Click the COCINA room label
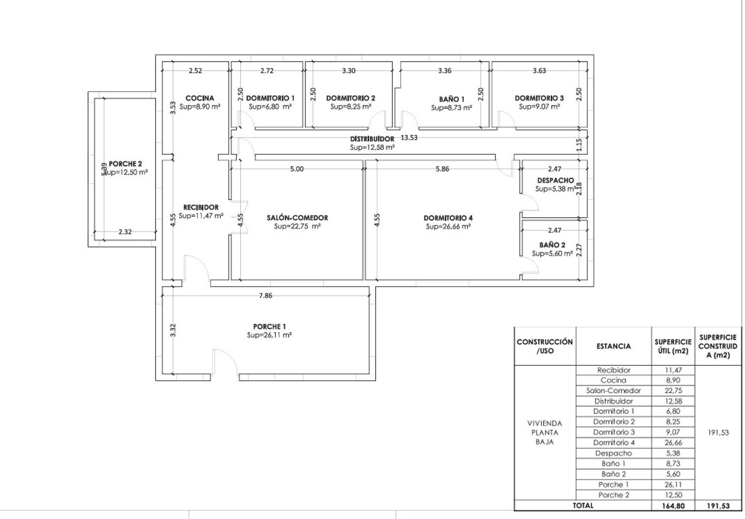click(x=200, y=98)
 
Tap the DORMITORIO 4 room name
click(x=448, y=218)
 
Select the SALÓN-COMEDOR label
click(x=298, y=218)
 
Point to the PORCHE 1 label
click(x=270, y=327)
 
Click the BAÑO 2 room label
click(x=552, y=245)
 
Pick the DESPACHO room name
click(x=555, y=180)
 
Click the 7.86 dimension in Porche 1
click(x=265, y=295)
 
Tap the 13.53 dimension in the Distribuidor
click(x=409, y=137)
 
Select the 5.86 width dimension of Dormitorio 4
click(x=442, y=169)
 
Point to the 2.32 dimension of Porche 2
click(x=125, y=232)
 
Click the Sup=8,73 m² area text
click(x=452, y=108)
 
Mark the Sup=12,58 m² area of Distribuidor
click(x=372, y=147)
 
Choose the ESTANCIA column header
click(x=614, y=346)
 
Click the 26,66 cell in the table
click(x=673, y=443)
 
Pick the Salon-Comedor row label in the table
click(x=613, y=390)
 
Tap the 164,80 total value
click(x=673, y=506)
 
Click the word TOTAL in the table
click(x=582, y=505)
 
